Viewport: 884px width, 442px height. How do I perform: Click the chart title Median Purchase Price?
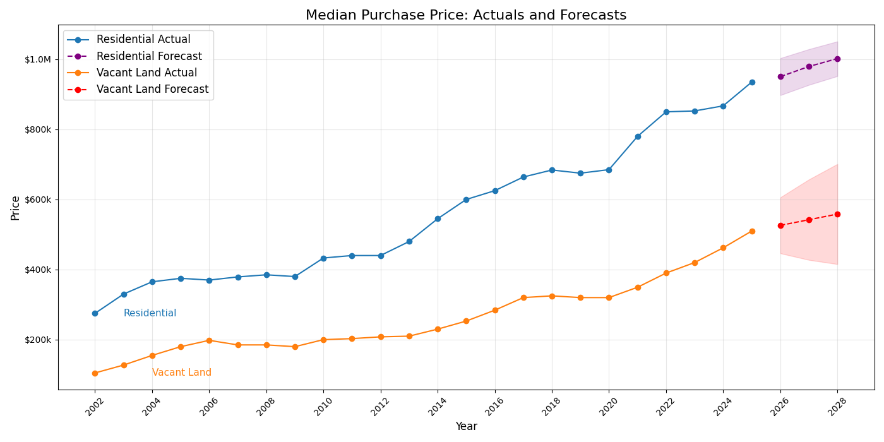(x=466, y=15)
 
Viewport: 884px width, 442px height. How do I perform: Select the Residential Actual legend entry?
(x=143, y=40)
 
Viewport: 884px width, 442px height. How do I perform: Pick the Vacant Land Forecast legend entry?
(x=152, y=90)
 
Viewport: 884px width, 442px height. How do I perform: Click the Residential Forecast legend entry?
(x=149, y=56)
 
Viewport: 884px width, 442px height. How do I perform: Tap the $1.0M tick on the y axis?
(x=37, y=59)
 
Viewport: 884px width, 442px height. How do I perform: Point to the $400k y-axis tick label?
(x=37, y=270)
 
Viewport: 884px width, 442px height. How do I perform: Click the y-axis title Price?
(x=16, y=208)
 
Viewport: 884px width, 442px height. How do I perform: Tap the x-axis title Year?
(x=466, y=427)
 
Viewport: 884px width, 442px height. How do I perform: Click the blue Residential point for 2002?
(x=95, y=313)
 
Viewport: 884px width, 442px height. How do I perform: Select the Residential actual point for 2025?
(x=752, y=82)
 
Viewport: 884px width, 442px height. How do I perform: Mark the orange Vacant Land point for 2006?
(x=209, y=340)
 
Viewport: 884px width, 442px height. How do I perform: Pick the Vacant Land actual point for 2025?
(x=752, y=231)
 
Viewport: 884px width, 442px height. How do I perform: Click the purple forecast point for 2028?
(x=837, y=59)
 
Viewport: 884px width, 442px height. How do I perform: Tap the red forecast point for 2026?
(x=780, y=225)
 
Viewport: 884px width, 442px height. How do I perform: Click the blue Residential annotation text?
(x=150, y=313)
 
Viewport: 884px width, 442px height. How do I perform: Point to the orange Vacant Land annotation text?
(x=182, y=373)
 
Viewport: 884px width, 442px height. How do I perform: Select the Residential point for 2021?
(x=638, y=136)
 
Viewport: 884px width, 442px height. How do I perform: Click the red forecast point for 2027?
(x=809, y=220)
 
